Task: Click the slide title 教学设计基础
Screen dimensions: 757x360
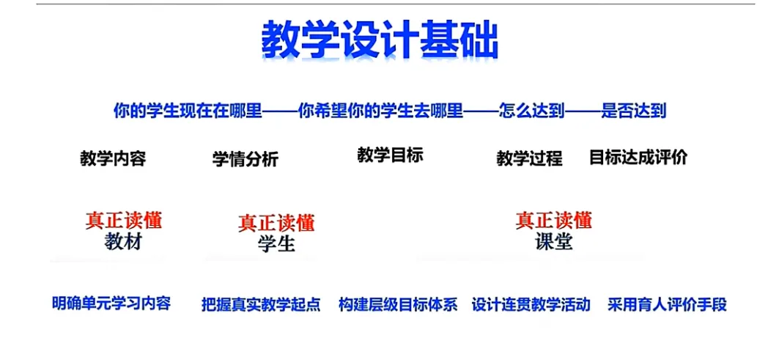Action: coord(380,41)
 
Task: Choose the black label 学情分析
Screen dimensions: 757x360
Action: coord(245,158)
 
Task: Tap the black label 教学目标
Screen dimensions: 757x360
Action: coord(390,155)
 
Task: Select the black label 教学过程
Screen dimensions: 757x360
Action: coord(529,158)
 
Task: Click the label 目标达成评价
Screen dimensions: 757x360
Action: coord(638,157)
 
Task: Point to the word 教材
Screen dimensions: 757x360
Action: coord(123,242)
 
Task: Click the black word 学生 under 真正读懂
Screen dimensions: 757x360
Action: coord(276,243)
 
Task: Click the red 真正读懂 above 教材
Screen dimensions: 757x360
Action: coord(124,219)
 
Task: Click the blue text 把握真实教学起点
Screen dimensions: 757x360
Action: coord(261,304)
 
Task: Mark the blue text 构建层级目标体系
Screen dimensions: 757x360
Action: coord(398,304)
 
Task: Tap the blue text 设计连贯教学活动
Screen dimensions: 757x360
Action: coord(531,304)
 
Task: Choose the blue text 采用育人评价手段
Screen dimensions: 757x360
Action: coord(667,304)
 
